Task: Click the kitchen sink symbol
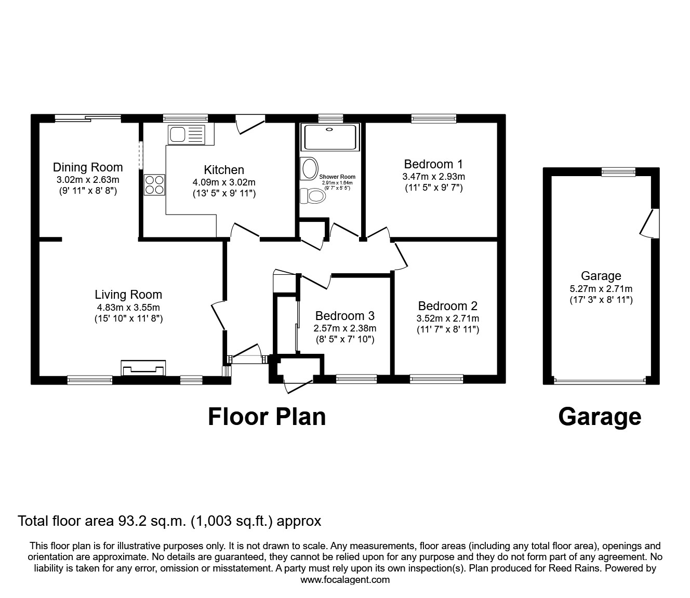(x=187, y=135)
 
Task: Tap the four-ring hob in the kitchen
(x=154, y=184)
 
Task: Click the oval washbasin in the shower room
(x=310, y=169)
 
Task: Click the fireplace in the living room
(x=143, y=368)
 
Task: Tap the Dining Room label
(x=88, y=167)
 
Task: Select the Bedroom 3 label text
(x=344, y=316)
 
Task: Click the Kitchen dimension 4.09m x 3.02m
(x=224, y=182)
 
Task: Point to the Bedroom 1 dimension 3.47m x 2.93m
(x=433, y=177)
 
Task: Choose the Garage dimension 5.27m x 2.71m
(x=601, y=289)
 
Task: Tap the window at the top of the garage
(x=618, y=171)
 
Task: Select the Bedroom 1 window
(x=433, y=118)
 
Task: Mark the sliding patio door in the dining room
(x=88, y=118)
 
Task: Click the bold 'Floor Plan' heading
(x=267, y=417)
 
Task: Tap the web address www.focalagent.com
(x=345, y=580)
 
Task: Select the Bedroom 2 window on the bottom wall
(x=436, y=379)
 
